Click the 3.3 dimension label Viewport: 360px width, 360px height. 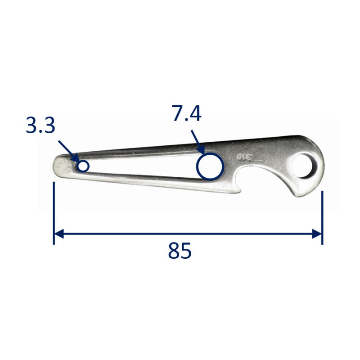pos(40,126)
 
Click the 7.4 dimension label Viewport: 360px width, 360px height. pos(187,113)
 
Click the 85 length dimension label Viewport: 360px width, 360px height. pos(180,251)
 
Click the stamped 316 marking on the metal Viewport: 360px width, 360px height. pos(245,158)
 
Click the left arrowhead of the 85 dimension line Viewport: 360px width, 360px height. pos(58,234)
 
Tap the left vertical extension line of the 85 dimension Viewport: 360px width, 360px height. pos(54,213)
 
